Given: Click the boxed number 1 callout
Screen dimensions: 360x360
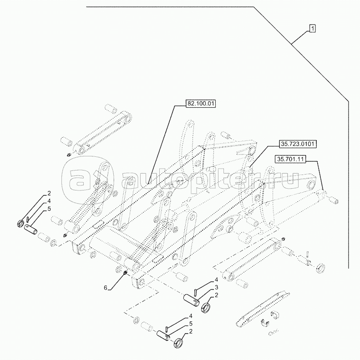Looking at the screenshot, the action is point(312,29).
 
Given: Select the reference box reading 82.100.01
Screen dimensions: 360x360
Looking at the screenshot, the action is point(201,104).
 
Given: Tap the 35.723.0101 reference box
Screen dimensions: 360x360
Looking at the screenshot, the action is point(298,144).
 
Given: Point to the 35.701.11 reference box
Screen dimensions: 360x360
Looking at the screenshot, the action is point(290,159).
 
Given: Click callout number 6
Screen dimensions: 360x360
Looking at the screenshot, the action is point(106,288).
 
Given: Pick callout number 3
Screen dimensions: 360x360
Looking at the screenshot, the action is point(216,287).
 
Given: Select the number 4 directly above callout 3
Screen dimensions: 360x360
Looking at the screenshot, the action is point(216,280).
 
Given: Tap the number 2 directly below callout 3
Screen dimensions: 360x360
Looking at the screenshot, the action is point(216,295).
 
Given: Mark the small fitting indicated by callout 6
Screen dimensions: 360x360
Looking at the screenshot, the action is point(126,273).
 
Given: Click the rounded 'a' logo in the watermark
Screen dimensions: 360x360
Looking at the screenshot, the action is point(87,177).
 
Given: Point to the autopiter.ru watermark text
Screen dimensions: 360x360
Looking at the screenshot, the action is point(210,181).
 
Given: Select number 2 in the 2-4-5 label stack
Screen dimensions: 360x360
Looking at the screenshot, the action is point(49,193).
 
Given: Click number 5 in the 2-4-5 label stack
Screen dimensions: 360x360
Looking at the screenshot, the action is point(49,209).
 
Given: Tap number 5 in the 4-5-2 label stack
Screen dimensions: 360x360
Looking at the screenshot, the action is point(191,324).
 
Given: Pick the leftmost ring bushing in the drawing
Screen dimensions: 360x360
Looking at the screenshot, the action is point(20,223).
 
